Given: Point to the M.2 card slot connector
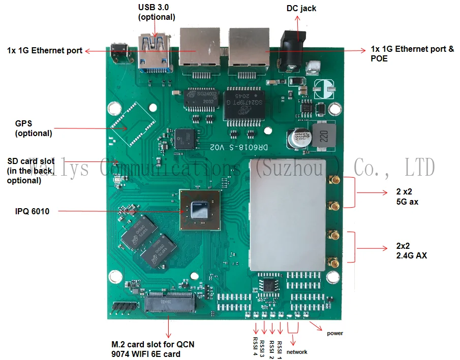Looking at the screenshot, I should [x=170, y=303].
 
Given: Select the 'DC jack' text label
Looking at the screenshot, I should [x=301, y=8].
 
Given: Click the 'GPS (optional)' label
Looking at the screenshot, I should [x=34, y=128].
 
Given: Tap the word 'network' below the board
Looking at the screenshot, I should [x=297, y=352].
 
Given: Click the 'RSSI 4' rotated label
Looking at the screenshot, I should [x=255, y=344].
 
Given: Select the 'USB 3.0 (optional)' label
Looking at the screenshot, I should [x=157, y=12].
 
